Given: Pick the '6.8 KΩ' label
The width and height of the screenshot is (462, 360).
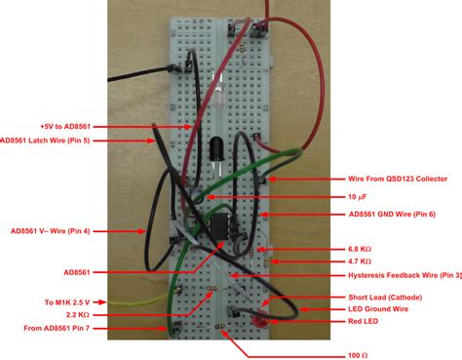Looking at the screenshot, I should click(361, 249).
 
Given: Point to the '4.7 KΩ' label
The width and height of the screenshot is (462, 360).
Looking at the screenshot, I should click(361, 261).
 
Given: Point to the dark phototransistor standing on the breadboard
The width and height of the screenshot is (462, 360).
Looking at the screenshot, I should click(215, 151).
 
